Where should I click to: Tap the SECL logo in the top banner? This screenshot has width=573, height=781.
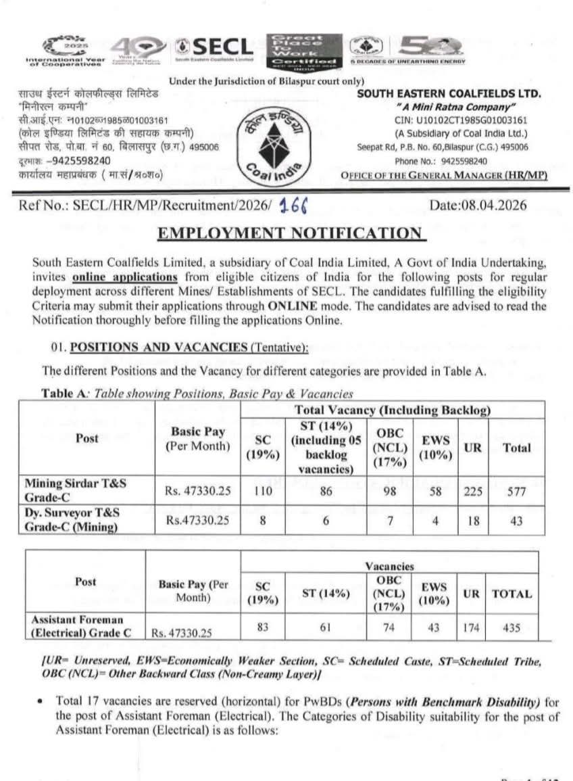(x=214, y=47)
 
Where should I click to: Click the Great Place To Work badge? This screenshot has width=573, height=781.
(x=303, y=49)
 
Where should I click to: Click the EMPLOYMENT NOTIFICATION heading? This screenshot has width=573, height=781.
(x=291, y=233)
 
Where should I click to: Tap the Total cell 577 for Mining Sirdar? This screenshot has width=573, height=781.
(x=516, y=492)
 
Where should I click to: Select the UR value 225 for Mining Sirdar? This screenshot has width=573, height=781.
(x=473, y=492)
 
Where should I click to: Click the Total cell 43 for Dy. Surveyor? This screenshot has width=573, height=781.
(x=516, y=519)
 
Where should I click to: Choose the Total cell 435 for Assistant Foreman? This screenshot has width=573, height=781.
(x=512, y=628)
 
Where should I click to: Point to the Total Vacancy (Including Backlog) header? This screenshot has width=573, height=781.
(x=392, y=410)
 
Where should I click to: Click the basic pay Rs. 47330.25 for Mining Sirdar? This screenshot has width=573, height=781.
(x=197, y=492)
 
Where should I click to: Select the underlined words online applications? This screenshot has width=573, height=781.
(x=125, y=277)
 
